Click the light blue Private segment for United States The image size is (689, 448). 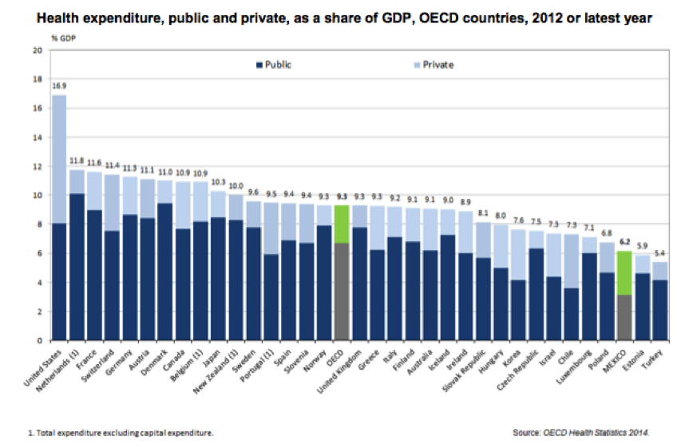(x=59, y=159)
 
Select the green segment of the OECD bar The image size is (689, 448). (x=342, y=224)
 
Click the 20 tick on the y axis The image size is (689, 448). (x=37, y=50)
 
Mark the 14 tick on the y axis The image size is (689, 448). (x=37, y=137)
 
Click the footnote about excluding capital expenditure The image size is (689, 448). (x=121, y=432)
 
